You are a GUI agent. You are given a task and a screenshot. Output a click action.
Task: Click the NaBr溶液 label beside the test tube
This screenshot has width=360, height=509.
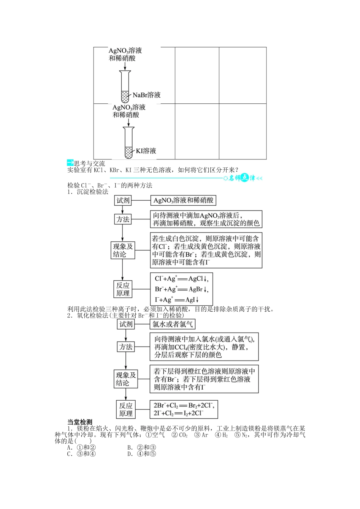point(147,95)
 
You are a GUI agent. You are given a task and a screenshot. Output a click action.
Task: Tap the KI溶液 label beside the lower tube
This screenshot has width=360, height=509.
point(146,151)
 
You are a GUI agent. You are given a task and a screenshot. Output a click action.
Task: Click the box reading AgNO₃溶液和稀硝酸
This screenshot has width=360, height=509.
point(183,200)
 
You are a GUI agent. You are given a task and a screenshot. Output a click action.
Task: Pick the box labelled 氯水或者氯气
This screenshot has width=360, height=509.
point(172,324)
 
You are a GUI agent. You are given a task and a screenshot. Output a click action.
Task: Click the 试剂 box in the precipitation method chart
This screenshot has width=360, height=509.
point(123,200)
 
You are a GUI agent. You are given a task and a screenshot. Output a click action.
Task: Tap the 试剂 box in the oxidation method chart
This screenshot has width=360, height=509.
point(126,324)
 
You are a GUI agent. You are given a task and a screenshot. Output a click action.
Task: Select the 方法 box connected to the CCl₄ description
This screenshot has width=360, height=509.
point(126,347)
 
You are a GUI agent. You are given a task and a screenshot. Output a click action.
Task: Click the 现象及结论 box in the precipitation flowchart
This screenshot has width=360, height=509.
point(123,250)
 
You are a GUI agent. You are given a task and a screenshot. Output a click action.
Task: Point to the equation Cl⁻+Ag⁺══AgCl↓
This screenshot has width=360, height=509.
point(182,279)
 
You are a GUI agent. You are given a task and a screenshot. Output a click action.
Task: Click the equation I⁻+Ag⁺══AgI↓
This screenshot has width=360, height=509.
point(177,300)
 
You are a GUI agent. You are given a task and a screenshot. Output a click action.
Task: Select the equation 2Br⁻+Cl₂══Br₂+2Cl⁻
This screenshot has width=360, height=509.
point(184,406)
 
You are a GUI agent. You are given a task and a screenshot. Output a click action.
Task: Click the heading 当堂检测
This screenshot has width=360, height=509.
point(80,422)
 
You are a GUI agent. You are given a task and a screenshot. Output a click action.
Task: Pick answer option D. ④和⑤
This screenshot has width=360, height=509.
point(142,454)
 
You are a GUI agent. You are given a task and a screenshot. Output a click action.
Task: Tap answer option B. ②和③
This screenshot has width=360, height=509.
point(142,447)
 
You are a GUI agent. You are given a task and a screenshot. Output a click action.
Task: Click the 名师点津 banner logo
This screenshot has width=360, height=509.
point(243,178)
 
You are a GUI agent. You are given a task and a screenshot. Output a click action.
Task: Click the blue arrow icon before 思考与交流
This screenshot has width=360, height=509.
point(70,163)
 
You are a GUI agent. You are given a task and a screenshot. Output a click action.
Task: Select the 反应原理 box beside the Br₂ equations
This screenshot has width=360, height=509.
point(126,409)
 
